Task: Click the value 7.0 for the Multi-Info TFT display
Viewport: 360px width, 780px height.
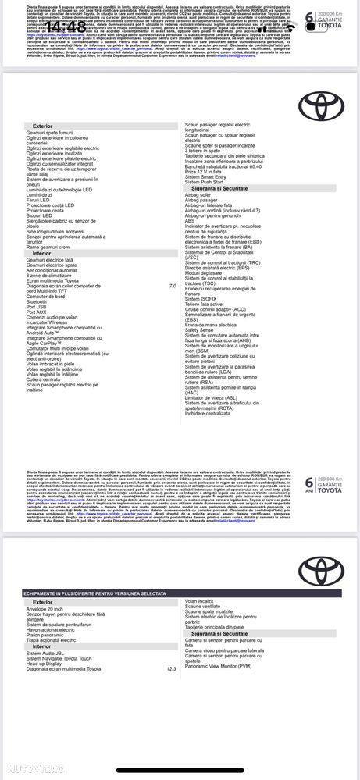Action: coord(173,287)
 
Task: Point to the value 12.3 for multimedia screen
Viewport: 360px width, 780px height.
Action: coord(171,647)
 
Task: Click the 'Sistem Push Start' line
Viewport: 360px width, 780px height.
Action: coord(207,182)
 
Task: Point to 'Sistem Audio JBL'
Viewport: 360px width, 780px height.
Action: coord(48,631)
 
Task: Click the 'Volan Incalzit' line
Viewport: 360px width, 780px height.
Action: coord(201,600)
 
